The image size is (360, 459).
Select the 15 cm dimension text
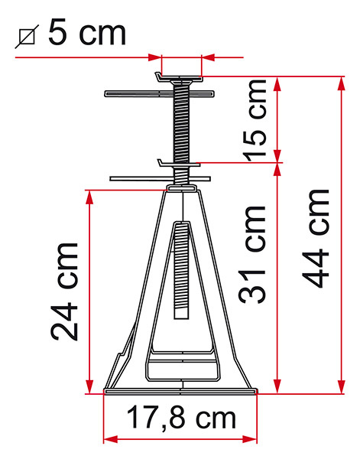(x=255, y=120)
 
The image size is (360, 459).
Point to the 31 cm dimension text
(x=251, y=255)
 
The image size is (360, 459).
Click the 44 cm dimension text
(x=315, y=239)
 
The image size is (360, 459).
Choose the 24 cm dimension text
(x=64, y=292)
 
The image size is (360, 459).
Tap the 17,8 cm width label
(x=181, y=417)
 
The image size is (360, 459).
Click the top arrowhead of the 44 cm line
(x=341, y=83)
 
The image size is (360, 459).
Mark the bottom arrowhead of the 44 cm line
(x=341, y=386)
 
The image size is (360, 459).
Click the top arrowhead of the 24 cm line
(x=89, y=197)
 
